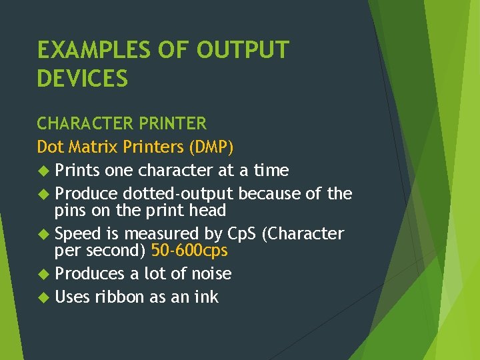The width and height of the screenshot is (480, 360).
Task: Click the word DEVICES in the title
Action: click(83, 79)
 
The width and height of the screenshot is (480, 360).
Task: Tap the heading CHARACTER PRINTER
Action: click(122, 124)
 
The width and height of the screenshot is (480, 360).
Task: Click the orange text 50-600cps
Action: click(189, 251)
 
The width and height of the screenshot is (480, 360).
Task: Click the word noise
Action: click(209, 274)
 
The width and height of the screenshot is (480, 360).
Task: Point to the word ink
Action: click(206, 297)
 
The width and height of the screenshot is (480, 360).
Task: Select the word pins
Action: click(70, 211)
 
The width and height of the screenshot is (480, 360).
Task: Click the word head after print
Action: click(207, 211)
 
